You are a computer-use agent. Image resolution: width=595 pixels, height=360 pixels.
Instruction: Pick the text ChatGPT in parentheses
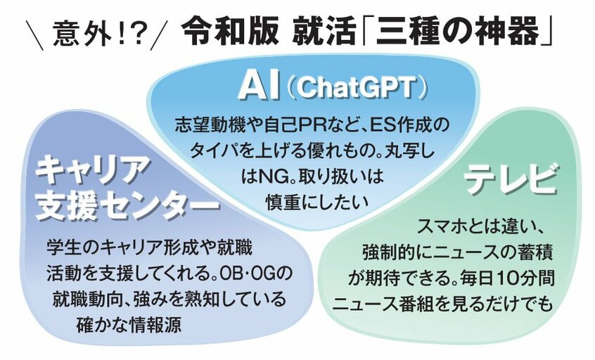[x=354, y=88]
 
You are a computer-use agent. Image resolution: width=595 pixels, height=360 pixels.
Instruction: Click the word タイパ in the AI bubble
[x=215, y=152]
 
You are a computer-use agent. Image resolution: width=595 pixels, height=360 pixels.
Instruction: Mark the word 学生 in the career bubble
[x=63, y=248]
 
